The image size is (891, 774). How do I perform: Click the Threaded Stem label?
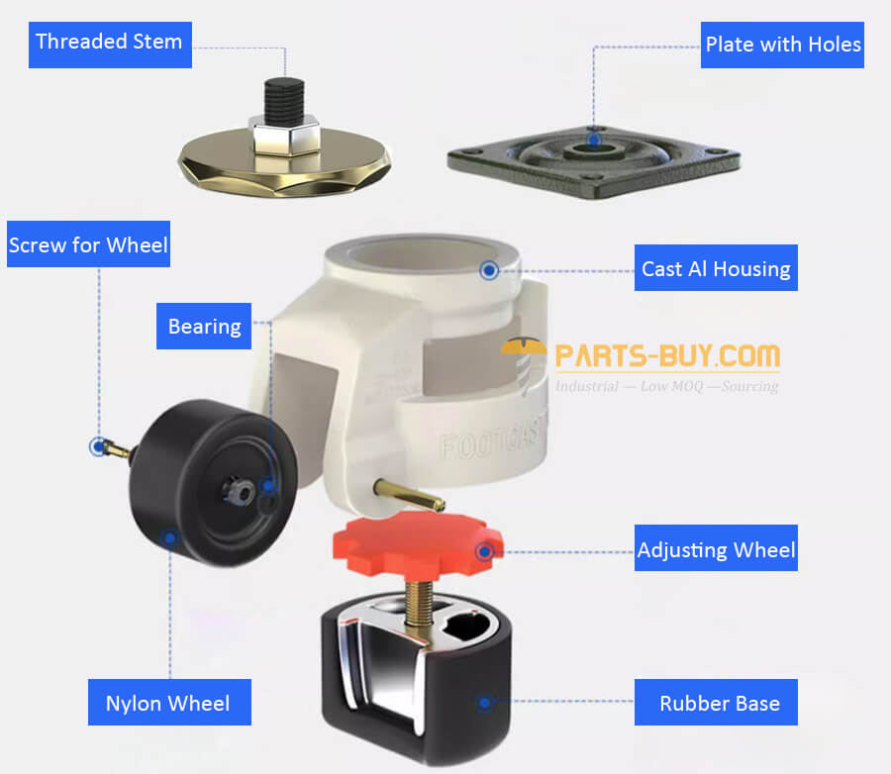(x=110, y=45)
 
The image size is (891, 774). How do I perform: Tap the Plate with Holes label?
(x=782, y=45)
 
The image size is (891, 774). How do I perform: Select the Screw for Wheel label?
(x=89, y=243)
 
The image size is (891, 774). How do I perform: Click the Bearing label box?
(x=204, y=327)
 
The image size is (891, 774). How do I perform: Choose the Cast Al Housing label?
(x=716, y=267)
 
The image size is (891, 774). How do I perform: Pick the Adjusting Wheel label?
(x=716, y=547)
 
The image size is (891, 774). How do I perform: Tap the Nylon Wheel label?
(x=169, y=703)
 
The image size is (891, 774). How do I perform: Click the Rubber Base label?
(x=716, y=703)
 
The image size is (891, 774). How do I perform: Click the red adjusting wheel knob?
(x=418, y=543)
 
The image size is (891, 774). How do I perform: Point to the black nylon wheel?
(x=213, y=483)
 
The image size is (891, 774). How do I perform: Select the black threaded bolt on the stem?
(x=284, y=101)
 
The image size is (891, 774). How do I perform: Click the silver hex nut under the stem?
(x=284, y=136)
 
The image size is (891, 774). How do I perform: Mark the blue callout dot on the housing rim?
(x=489, y=270)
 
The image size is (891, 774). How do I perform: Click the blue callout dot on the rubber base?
(x=485, y=703)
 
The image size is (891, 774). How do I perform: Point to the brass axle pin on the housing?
(x=409, y=495)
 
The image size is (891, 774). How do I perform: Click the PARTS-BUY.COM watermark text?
(x=667, y=356)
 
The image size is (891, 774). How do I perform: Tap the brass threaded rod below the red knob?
(x=419, y=603)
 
